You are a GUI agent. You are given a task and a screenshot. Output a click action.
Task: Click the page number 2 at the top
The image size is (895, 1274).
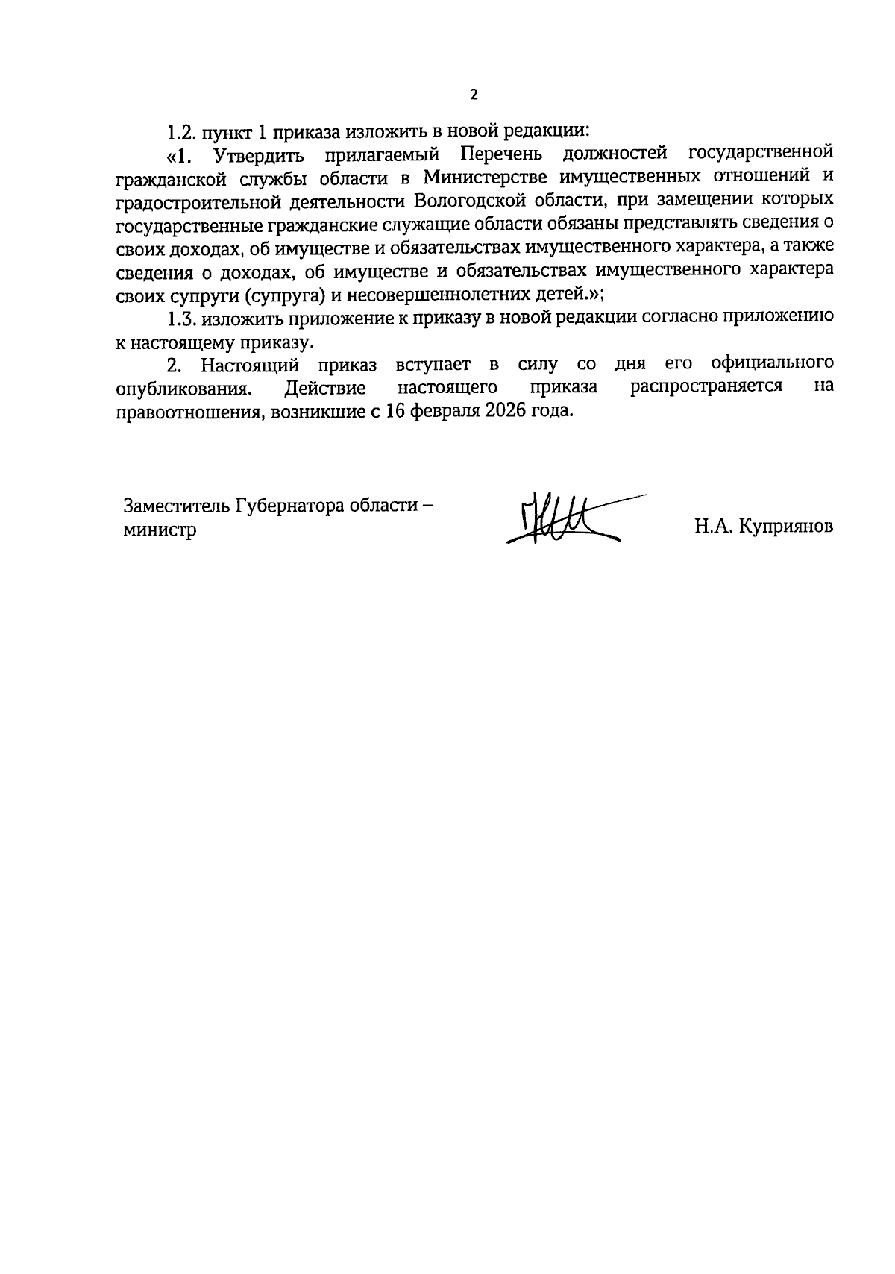473,95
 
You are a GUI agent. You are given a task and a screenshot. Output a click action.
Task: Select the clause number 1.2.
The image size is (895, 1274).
180,132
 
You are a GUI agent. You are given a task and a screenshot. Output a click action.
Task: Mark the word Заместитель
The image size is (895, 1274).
176,506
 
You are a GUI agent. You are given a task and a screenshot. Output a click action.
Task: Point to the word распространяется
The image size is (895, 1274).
706,387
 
